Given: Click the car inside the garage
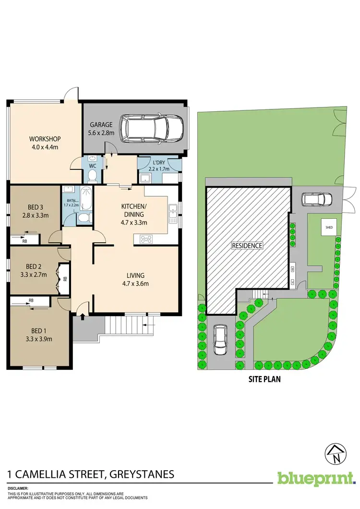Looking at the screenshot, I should click(x=151, y=128).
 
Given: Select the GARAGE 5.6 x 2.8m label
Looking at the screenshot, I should click(x=100, y=129).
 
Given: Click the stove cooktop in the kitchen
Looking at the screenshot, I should click(x=145, y=239).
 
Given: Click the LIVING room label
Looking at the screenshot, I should click(x=136, y=275).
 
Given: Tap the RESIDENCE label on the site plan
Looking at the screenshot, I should click(x=248, y=246).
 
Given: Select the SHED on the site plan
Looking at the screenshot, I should click(x=329, y=227).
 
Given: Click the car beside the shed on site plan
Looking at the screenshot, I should click(x=316, y=199).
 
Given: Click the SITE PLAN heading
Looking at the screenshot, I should click(x=261, y=379).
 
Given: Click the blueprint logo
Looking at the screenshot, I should click(x=316, y=478).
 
